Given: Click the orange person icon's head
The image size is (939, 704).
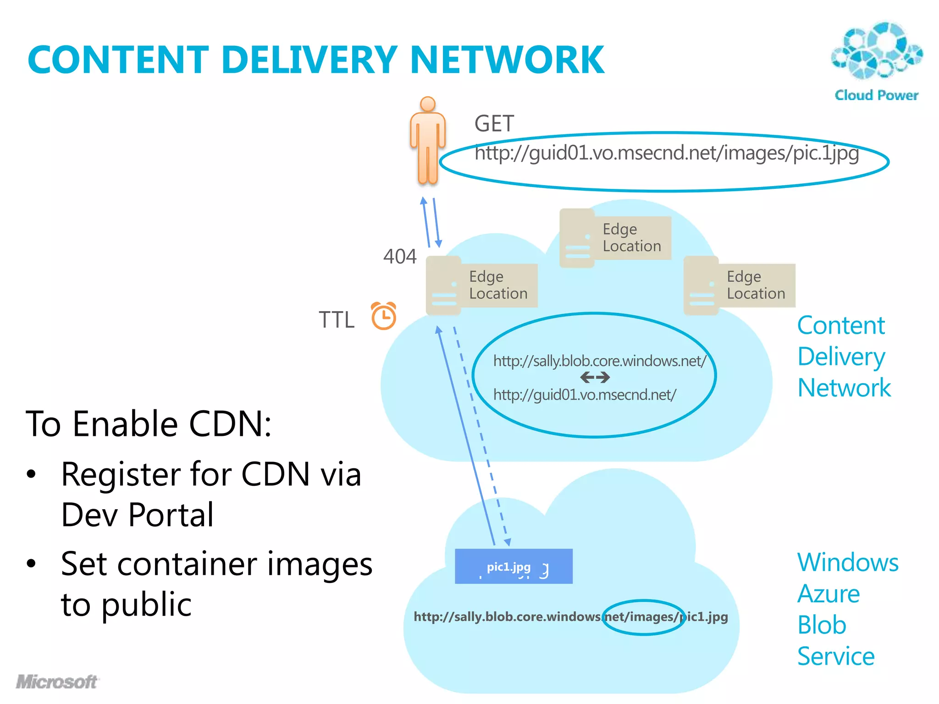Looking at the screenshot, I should tap(427, 104).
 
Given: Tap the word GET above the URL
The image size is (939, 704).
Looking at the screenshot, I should tap(494, 124).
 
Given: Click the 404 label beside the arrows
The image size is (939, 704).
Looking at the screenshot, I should tap(400, 257).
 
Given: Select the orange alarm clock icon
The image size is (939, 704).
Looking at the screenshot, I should tap(383, 316).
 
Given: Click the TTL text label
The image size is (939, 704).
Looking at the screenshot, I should tap(337, 319).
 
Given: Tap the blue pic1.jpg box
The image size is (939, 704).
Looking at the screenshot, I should tap(514, 566).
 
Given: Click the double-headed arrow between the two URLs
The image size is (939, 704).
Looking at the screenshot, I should tap(595, 378).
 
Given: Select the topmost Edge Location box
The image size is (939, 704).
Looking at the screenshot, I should tap(615, 238).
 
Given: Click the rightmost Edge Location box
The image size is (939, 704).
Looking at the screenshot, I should tap(739, 285).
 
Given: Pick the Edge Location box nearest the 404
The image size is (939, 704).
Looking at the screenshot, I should tap(481, 285).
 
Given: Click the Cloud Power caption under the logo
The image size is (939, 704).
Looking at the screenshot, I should tap(876, 95).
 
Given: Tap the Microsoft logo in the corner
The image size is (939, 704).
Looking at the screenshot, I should tap(57, 682).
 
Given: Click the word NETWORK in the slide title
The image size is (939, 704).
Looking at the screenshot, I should tap(507, 60).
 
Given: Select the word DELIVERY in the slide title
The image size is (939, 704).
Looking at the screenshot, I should tap(309, 60).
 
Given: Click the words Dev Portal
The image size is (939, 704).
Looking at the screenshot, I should tap(137, 515).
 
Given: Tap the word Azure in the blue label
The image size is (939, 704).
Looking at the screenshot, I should tap(829, 594).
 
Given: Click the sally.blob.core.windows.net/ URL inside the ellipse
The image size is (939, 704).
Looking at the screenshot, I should tap(600, 361).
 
